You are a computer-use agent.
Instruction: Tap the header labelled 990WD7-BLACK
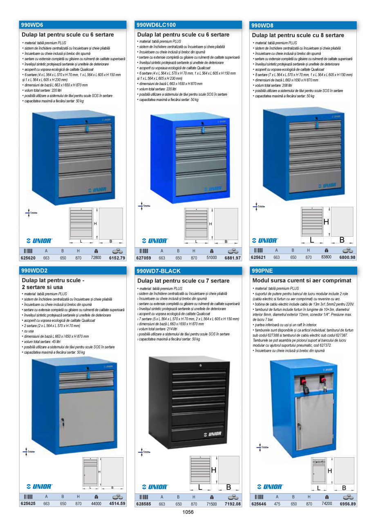(158, 271)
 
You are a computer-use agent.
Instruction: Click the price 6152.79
(117, 258)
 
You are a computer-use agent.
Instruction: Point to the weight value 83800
(326, 257)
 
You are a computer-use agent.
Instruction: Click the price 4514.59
(117, 504)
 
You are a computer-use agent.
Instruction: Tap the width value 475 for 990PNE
(277, 504)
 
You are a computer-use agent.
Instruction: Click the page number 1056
(188, 512)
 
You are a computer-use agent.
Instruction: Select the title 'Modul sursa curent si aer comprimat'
(302, 281)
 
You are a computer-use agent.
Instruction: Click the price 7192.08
(233, 504)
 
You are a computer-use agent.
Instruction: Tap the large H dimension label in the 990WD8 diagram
(326, 222)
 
